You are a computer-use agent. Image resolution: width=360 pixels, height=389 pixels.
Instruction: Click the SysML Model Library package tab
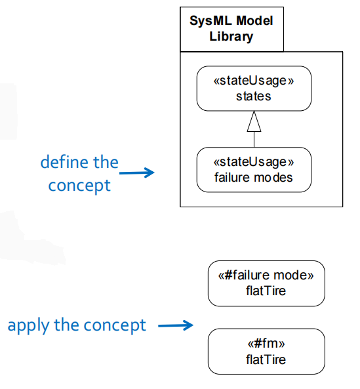(231, 28)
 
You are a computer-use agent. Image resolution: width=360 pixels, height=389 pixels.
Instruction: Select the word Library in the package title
(231, 37)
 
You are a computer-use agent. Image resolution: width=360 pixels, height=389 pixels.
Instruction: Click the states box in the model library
(254, 89)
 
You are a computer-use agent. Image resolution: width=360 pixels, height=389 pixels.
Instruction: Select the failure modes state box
(254, 169)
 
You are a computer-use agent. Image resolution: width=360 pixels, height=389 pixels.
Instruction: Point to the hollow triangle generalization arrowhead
(254, 121)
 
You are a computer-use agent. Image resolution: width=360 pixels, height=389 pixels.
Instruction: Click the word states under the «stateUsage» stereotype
(254, 96)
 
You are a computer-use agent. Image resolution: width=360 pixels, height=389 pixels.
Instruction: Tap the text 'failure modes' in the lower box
(254, 177)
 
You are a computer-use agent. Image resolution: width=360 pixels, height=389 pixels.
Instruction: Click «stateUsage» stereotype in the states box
(254, 81)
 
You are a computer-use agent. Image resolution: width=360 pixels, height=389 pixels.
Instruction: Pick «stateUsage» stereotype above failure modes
(254, 162)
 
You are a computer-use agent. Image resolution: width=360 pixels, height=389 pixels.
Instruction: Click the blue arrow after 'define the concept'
(137, 173)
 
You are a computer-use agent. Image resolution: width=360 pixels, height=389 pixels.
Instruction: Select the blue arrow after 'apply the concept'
(176, 325)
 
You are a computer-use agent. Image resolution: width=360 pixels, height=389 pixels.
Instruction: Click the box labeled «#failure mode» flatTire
(266, 283)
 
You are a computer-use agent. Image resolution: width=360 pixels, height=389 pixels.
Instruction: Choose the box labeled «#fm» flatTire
(266, 352)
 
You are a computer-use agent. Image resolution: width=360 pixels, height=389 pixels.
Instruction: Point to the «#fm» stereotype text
(266, 344)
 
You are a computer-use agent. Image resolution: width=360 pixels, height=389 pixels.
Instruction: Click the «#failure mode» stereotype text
(266, 276)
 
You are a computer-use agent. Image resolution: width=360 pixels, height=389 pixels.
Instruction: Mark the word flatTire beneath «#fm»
(266, 359)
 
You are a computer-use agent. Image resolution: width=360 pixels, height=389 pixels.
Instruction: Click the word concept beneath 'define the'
(79, 186)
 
